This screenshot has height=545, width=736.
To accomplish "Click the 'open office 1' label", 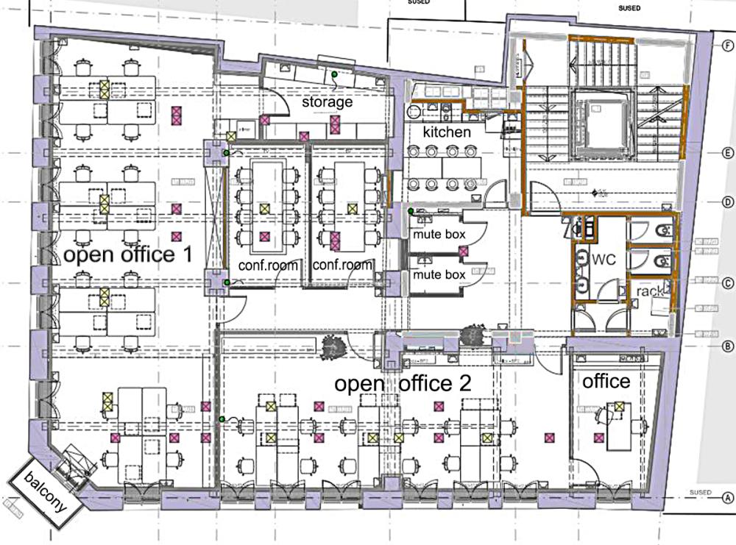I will [x=128, y=255].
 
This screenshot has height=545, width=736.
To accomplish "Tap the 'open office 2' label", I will [x=403, y=383].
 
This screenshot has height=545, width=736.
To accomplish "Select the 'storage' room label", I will [x=327, y=101].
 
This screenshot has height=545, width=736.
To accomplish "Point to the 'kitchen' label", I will [x=446, y=132].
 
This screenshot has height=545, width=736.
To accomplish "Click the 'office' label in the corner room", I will [x=606, y=381].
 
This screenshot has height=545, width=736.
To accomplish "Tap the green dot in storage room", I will [x=333, y=74].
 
